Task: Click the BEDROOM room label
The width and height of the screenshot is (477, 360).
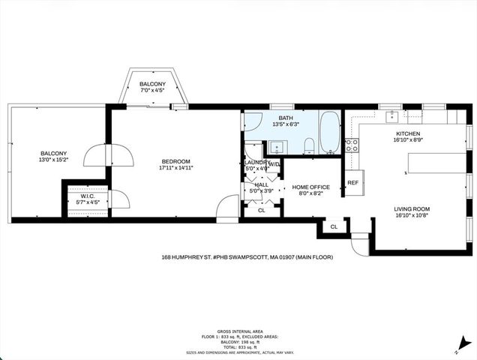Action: tap(175, 161)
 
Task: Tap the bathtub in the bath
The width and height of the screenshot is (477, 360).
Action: tap(329, 133)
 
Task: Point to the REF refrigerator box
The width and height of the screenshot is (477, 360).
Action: tap(352, 182)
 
